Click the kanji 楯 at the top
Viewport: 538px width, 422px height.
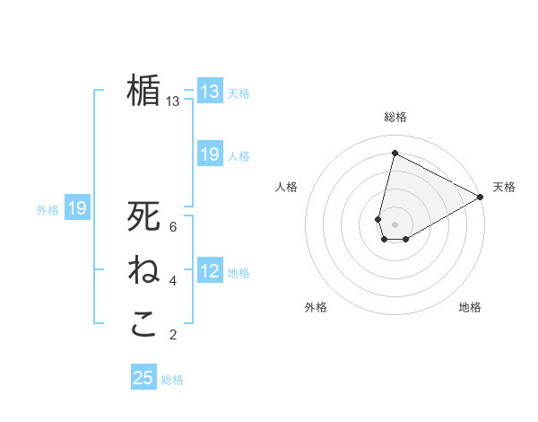pos(143,90)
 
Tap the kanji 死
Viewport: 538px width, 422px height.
pos(143,216)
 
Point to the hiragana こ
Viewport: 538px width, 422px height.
pos(143,324)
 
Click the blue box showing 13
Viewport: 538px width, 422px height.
pos(210,92)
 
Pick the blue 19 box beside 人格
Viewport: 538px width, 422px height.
pos(210,154)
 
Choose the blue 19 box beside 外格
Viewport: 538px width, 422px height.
pos(77,209)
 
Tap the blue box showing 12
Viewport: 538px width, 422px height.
pos(210,271)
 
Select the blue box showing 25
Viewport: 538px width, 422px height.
pos(143,378)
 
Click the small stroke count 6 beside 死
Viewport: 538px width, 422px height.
pos(173,227)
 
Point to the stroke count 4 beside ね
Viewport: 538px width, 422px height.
pos(173,281)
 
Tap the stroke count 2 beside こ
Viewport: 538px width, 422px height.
pos(173,335)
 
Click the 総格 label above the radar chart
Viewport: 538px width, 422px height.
pos(395,118)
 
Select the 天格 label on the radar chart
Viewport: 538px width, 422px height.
pos(504,187)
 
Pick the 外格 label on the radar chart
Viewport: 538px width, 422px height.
pos(316,307)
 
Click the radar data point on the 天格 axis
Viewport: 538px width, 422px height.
pos(481,197)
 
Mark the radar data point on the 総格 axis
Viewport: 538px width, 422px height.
pos(395,154)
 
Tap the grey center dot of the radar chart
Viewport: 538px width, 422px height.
pos(395,224)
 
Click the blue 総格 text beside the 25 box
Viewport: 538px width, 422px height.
pos(172,380)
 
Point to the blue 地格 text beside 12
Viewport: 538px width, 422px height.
pos(239,273)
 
